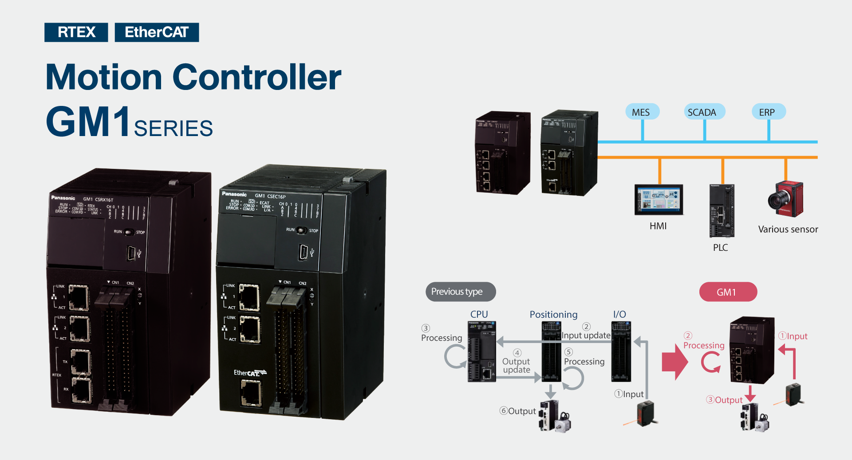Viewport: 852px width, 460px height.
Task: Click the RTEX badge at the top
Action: click(x=76, y=32)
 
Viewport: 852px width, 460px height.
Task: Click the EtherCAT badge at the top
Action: click(x=157, y=32)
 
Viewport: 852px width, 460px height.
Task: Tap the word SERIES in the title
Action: click(x=173, y=129)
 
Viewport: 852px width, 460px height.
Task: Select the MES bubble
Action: click(x=641, y=112)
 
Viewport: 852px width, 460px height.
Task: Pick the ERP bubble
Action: click(x=767, y=112)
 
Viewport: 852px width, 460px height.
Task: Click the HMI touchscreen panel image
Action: click(x=659, y=199)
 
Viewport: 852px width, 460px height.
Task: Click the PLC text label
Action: click(x=720, y=248)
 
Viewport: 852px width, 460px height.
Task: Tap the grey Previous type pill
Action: click(x=460, y=292)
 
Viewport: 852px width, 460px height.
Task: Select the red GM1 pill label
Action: click(x=727, y=292)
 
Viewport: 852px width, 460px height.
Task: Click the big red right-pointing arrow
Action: click(x=674, y=362)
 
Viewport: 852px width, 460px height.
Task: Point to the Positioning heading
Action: click(x=553, y=315)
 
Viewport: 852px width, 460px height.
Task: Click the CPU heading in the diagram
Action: click(x=479, y=314)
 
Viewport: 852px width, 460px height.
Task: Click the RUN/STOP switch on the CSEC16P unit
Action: click(x=301, y=230)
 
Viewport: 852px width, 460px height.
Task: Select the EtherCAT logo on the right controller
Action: click(x=250, y=373)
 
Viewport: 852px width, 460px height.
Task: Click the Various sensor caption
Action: click(x=788, y=230)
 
